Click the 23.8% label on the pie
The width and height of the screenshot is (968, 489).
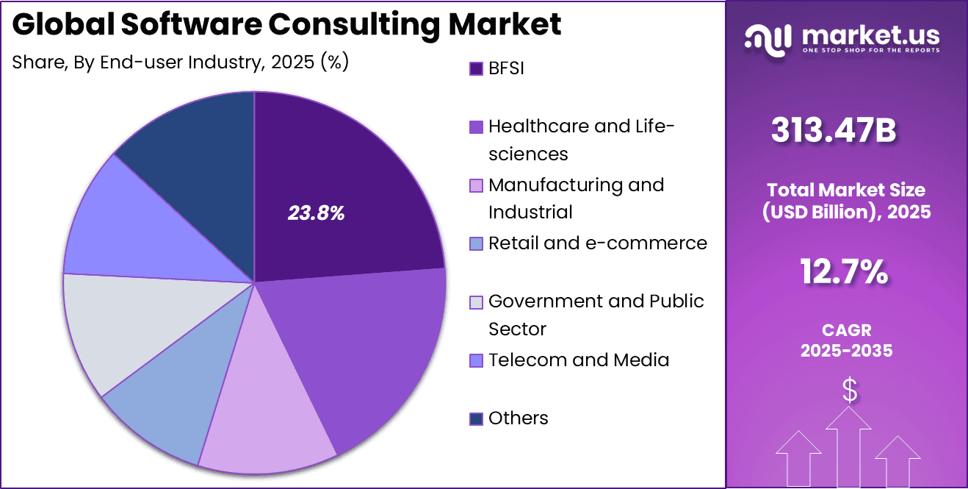[x=316, y=214]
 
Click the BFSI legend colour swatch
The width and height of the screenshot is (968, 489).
[x=476, y=68]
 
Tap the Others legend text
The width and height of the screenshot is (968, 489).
[x=519, y=418]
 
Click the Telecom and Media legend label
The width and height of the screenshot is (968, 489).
[x=579, y=360]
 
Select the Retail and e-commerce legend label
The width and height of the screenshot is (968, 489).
[x=598, y=243]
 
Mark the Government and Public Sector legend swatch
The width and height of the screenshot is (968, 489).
[x=476, y=301]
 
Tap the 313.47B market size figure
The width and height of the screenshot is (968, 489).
[x=834, y=132]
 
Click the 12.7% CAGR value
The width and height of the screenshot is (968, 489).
[x=844, y=273]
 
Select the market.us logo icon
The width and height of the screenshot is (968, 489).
[x=767, y=37]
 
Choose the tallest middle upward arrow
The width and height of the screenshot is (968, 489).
[x=848, y=449]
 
